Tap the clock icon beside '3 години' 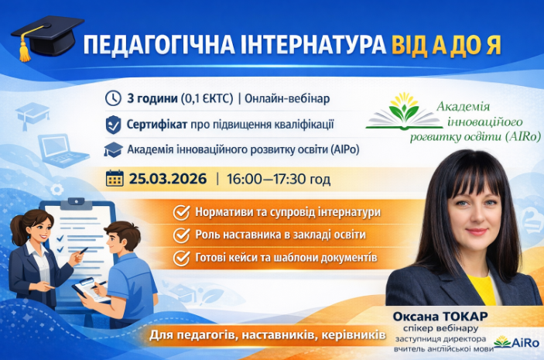click(x=113, y=98)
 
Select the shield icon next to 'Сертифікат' click(x=113, y=124)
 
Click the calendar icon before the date click(x=115, y=178)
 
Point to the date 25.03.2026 click(x=168, y=179)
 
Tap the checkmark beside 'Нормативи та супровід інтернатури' click(x=182, y=212)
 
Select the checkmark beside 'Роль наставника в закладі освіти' click(x=182, y=235)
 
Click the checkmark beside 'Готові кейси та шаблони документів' click(x=182, y=257)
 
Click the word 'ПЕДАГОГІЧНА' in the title click(x=150, y=44)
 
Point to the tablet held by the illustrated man click(x=87, y=288)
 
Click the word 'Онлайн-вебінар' click(x=289, y=98)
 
